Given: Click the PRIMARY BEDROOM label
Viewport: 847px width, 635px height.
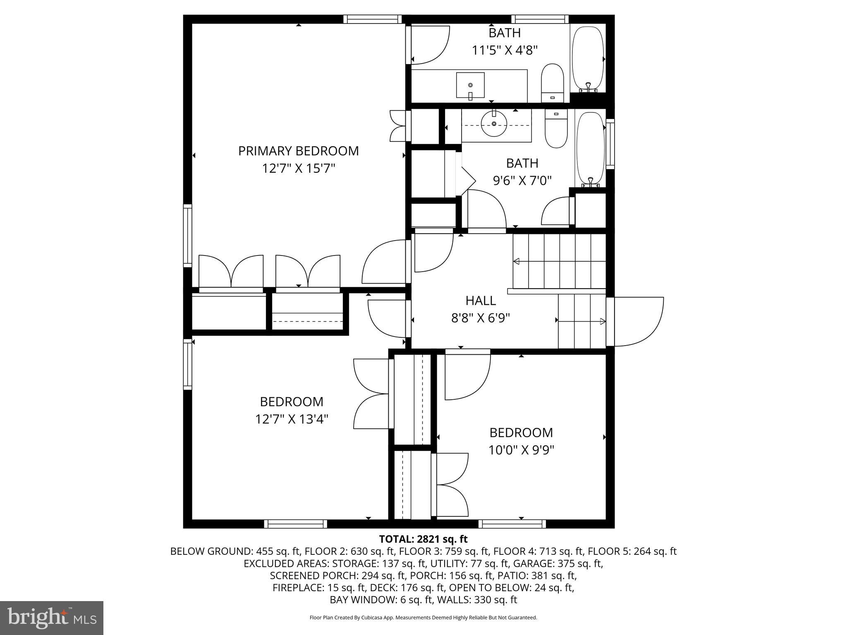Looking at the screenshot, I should (298, 151).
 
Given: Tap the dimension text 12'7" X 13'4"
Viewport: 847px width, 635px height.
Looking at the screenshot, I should (292, 419).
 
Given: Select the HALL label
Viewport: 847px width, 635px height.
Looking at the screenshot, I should (480, 300).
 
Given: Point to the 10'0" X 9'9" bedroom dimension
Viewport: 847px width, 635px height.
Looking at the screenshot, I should (521, 450).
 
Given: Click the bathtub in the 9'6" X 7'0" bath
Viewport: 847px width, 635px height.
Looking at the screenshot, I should (591, 149).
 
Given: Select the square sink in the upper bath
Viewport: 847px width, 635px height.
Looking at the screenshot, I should (470, 85).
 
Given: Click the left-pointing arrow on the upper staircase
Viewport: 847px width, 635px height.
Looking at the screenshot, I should (517, 261).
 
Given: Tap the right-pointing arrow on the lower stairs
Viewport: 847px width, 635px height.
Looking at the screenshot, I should (603, 321).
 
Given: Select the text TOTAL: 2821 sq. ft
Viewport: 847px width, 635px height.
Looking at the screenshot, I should (423, 539).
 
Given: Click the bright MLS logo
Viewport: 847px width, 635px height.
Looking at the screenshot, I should (51, 618).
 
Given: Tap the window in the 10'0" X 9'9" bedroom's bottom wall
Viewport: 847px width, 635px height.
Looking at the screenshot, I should (512, 524).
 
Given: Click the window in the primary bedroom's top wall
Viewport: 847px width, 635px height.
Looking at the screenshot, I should (372, 19).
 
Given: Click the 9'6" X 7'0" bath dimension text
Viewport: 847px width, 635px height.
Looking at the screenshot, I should (522, 181).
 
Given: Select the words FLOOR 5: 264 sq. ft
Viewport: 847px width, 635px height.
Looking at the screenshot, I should (632, 551).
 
